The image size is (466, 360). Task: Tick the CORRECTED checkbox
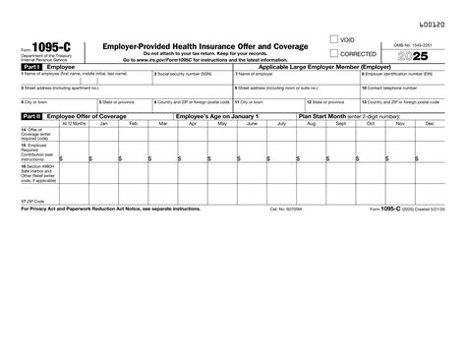(x=336, y=53)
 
